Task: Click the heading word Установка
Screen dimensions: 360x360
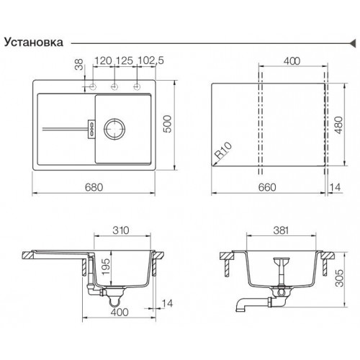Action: tap(34, 42)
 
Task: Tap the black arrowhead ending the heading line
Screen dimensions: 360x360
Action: tap(353, 43)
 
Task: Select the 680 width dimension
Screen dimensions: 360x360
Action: tap(94, 187)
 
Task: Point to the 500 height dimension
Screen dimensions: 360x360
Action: tap(168, 124)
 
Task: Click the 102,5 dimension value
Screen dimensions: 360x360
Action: tap(150, 60)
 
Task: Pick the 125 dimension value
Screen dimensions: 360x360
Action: tap(124, 60)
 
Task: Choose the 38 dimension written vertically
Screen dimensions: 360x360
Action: tap(78, 64)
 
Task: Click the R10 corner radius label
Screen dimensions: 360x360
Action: tap(223, 150)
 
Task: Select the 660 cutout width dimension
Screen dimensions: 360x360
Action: tap(267, 187)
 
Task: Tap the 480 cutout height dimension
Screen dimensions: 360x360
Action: tap(338, 125)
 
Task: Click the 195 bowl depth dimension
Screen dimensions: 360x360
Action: tap(105, 266)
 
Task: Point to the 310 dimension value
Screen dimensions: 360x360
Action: tap(121, 230)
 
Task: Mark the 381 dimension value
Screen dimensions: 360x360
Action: tap(281, 230)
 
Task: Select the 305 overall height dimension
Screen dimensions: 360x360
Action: tap(339, 278)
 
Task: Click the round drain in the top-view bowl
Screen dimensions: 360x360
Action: tap(114, 129)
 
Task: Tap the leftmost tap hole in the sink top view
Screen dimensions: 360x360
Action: tap(92, 86)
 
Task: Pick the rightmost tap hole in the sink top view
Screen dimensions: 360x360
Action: tap(137, 86)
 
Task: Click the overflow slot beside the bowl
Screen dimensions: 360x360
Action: tap(92, 129)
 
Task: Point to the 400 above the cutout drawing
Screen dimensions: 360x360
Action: tap(292, 61)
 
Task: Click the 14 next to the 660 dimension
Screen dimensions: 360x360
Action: tap(335, 187)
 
